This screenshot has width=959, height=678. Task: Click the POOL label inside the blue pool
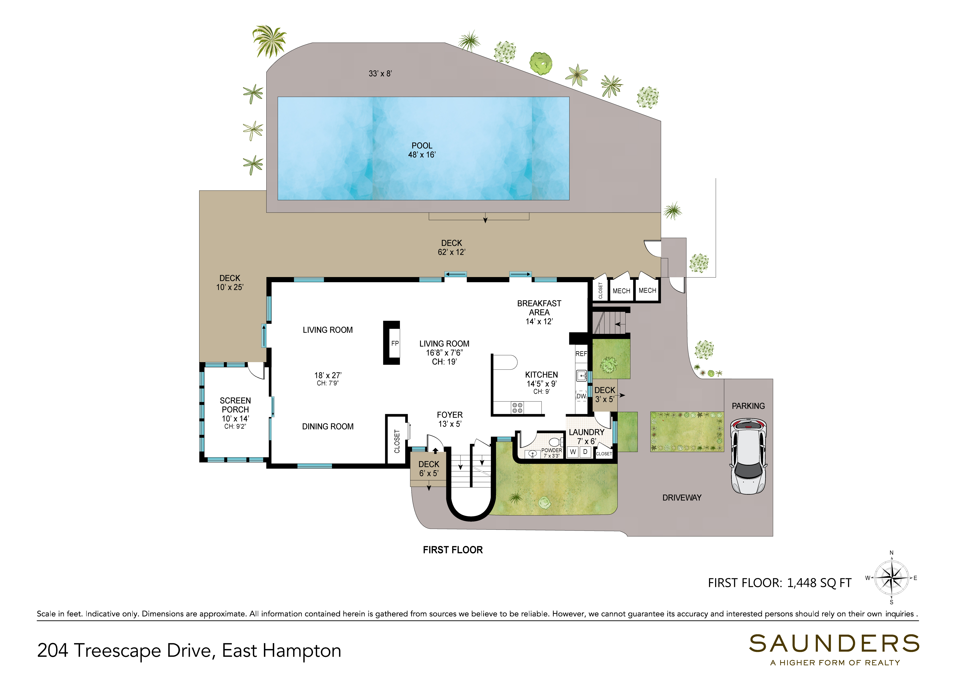pyautogui.click(x=422, y=146)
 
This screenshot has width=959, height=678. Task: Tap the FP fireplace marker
pyautogui.click(x=395, y=343)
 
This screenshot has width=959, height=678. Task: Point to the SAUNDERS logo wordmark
pyautogui.click(x=834, y=644)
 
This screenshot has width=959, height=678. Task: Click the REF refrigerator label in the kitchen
pyautogui.click(x=581, y=354)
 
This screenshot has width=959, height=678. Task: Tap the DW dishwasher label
pyautogui.click(x=581, y=396)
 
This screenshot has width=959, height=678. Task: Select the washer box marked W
pyautogui.click(x=573, y=452)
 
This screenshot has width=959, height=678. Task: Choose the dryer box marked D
pyautogui.click(x=585, y=452)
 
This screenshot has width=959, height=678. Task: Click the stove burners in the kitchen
pyautogui.click(x=517, y=408)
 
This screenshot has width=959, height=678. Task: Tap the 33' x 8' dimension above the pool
pyautogui.click(x=380, y=74)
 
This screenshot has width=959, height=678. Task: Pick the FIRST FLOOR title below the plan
pyautogui.click(x=453, y=550)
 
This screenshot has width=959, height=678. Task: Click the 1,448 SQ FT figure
pyautogui.click(x=819, y=583)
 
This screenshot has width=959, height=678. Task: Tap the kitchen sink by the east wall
pyautogui.click(x=581, y=376)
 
